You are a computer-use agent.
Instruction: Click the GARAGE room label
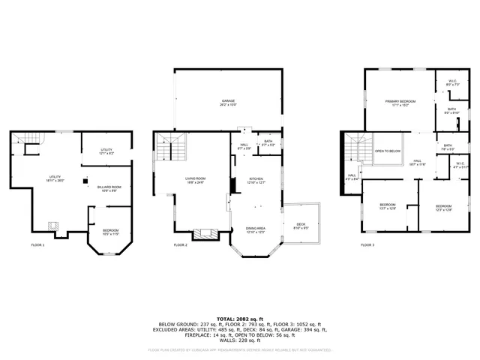coord(228,100)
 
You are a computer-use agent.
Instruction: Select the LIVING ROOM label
coord(196,178)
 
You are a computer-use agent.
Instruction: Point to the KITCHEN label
coord(256,178)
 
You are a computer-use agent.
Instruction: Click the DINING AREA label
coord(256,229)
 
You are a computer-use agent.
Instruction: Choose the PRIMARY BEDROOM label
coord(400,100)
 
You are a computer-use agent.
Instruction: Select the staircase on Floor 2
coord(169,145)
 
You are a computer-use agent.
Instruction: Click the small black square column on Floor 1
coord(85,180)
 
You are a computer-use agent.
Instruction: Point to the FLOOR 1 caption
coord(37,245)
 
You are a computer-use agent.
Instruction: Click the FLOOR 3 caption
coord(367,245)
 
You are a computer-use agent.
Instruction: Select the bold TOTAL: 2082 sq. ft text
coord(239,319)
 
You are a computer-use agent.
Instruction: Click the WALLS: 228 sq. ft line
coord(239,340)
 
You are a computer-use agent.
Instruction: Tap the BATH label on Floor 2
coord(268,141)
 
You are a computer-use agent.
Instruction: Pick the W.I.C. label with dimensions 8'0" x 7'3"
coord(453,85)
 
